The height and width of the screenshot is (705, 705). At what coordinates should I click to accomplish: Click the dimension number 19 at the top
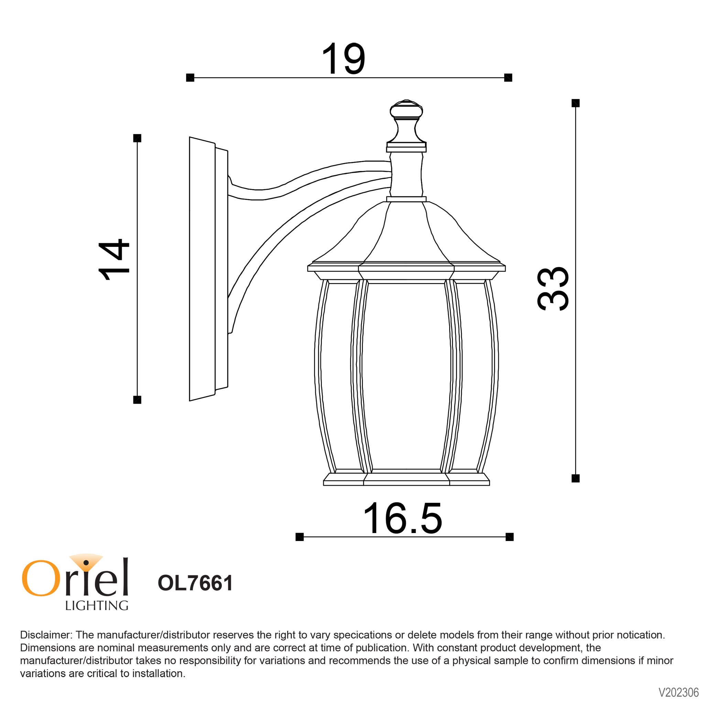pos(343,59)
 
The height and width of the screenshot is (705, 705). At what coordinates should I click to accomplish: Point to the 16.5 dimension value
pos(402,519)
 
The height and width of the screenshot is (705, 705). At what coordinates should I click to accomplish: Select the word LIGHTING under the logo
pos(96,606)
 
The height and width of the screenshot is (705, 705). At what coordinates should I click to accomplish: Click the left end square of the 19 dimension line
pos(190,77)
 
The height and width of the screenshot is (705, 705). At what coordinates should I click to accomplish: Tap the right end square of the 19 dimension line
pos(508,77)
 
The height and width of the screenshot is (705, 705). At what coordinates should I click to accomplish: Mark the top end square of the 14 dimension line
pos(137,138)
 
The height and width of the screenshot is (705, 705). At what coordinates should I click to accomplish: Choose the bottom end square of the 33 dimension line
pos(575,478)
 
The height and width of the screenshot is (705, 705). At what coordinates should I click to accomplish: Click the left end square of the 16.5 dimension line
pos(300,537)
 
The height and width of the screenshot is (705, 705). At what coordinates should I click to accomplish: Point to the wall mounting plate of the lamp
pos(202,269)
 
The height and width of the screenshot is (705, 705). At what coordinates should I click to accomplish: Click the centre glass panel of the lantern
pos(406,376)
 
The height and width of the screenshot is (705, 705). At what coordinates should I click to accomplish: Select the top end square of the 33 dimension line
pos(575,103)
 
